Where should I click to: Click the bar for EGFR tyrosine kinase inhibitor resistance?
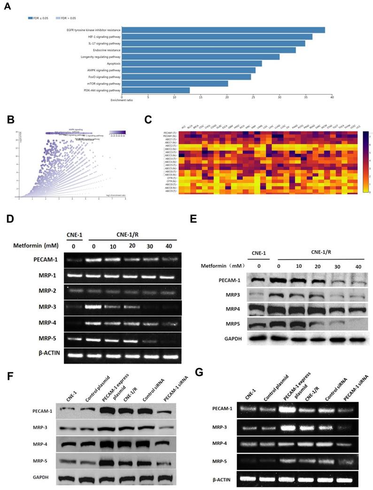[x=224, y=30]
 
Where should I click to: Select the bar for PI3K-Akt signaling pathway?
[x=156, y=90]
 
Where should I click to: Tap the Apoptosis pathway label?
[x=111, y=63]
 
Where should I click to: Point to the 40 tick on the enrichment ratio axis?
[x=332, y=97]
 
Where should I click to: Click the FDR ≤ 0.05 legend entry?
[x=36, y=18]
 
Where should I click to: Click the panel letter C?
[x=148, y=119]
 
